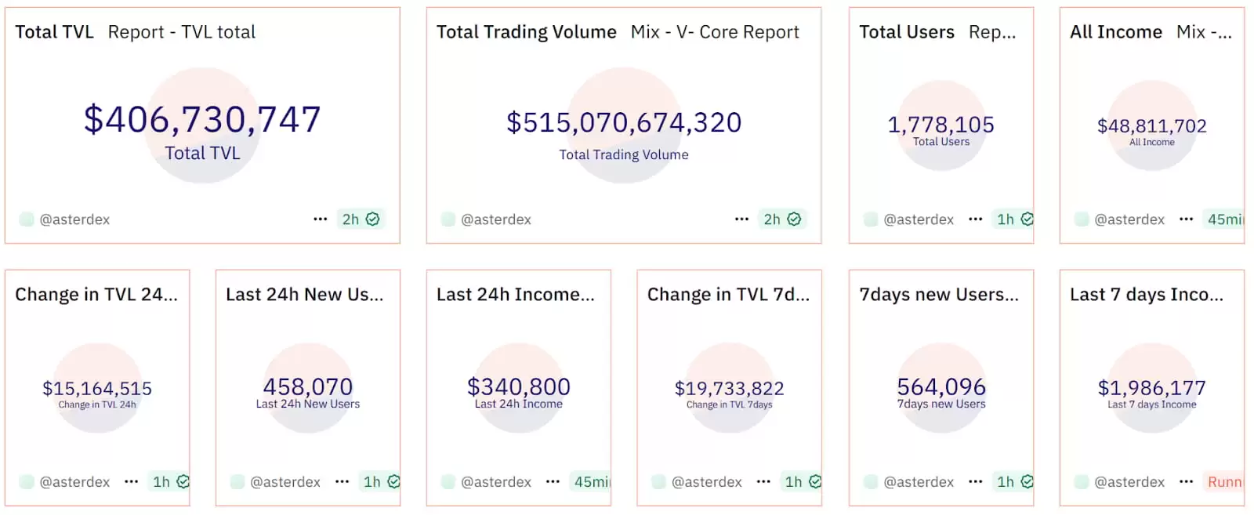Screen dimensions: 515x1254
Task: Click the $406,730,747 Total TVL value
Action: [202, 120]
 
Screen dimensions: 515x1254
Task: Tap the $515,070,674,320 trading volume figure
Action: [624, 122]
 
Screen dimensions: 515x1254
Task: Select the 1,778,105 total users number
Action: [940, 125]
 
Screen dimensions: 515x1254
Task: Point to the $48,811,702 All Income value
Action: [1151, 125]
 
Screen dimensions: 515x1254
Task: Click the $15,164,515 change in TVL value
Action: [97, 388]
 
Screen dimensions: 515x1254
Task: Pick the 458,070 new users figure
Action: [308, 386]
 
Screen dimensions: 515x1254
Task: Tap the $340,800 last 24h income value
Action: [519, 386]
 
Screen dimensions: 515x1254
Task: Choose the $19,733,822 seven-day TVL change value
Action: [729, 388]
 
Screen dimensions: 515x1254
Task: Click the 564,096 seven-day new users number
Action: [941, 386]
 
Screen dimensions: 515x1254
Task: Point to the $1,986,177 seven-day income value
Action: [1151, 387]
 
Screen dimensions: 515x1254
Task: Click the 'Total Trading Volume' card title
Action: [526, 32]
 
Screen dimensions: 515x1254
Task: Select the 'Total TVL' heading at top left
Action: [54, 32]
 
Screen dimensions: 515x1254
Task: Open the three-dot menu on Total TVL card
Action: [320, 219]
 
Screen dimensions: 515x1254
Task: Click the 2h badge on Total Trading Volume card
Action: [772, 219]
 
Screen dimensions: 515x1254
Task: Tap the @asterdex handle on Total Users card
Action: [919, 219]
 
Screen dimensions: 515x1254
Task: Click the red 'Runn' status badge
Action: [1224, 482]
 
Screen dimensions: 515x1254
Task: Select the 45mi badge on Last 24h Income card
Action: [592, 482]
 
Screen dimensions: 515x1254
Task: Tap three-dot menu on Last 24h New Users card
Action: [342, 482]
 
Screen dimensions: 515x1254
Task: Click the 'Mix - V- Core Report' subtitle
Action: [715, 32]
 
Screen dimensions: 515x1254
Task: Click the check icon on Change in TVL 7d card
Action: [815, 482]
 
